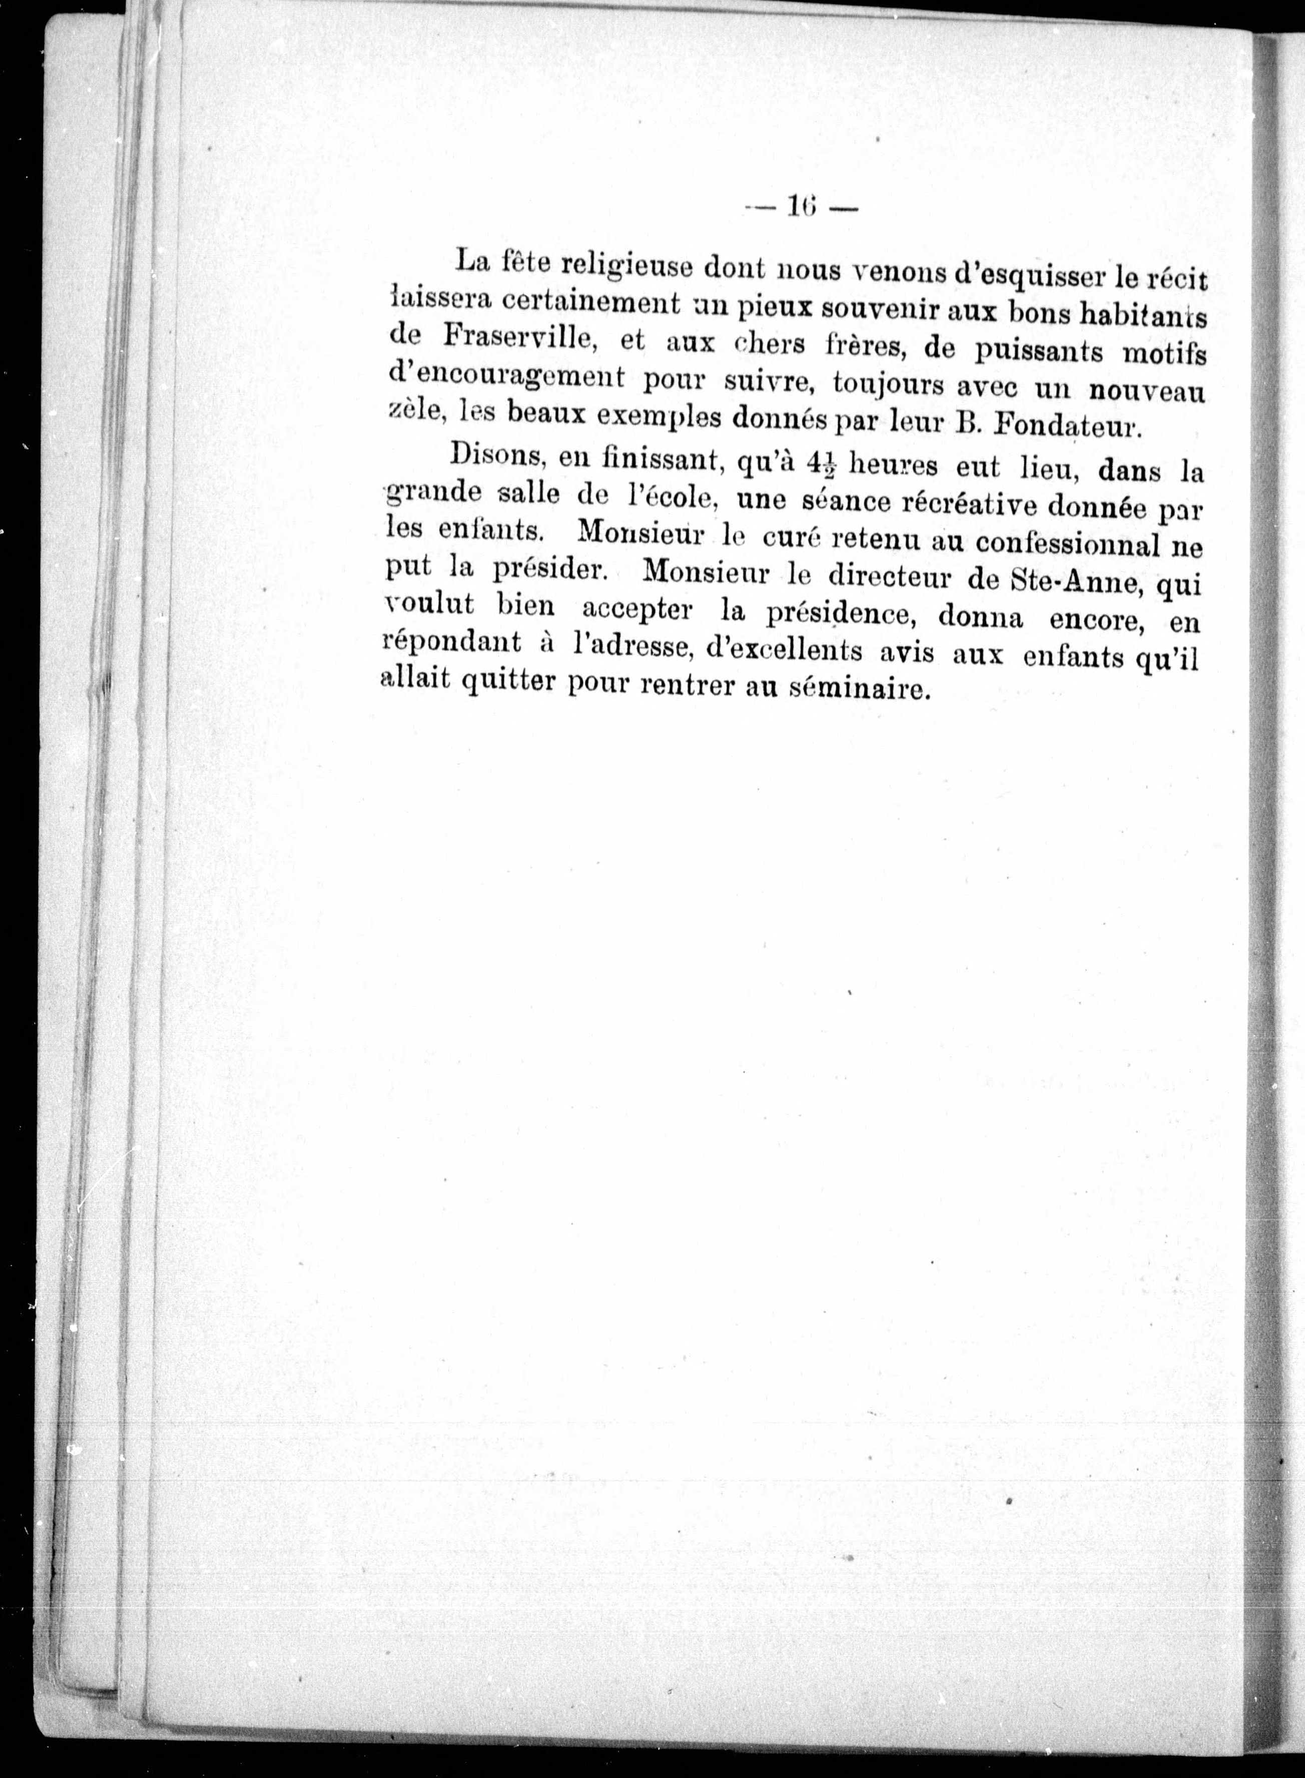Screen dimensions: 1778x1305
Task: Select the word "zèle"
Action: pos(414,409)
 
